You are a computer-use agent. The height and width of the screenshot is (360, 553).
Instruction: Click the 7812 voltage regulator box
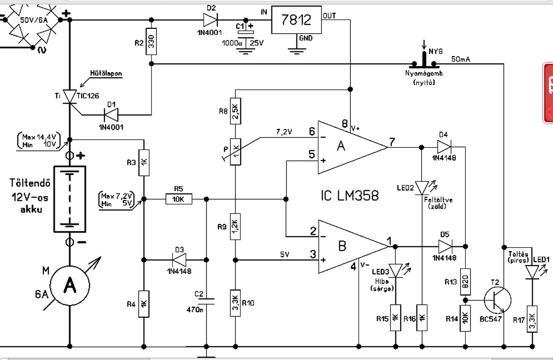[x=296, y=20]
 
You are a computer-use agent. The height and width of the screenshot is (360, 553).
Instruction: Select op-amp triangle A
[x=346, y=147]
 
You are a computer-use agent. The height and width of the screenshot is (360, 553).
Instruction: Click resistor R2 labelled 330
[x=151, y=41]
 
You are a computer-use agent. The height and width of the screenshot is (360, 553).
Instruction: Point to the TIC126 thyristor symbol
[x=70, y=96]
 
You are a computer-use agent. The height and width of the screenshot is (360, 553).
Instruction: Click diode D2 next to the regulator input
[x=210, y=19]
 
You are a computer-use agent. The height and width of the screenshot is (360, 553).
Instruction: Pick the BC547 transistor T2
[x=497, y=299]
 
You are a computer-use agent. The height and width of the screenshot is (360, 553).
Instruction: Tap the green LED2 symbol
[x=421, y=187]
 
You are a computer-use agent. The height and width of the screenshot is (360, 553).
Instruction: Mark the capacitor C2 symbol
[x=207, y=301]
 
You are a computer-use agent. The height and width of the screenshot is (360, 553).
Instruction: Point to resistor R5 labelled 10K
[x=178, y=199]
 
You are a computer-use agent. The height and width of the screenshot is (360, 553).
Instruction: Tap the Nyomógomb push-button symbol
[x=423, y=61]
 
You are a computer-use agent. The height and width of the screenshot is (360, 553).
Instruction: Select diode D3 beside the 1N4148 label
[x=179, y=260]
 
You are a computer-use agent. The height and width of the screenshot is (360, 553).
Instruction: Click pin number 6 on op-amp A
[x=311, y=131]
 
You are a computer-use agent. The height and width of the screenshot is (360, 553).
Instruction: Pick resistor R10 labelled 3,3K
[x=235, y=303]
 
